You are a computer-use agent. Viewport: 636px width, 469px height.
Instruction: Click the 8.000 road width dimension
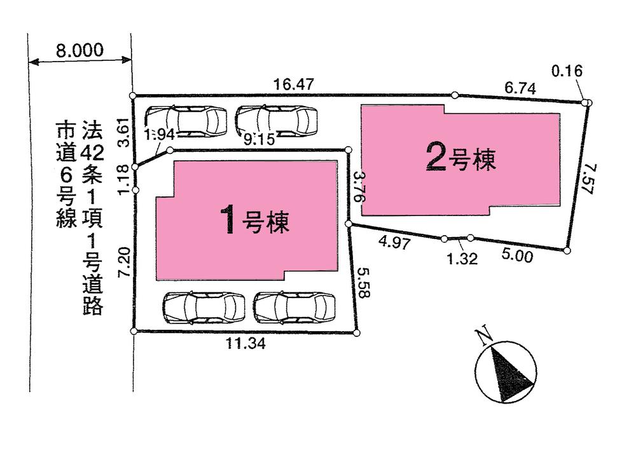click(x=79, y=51)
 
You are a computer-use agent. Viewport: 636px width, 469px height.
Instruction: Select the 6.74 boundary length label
click(x=520, y=90)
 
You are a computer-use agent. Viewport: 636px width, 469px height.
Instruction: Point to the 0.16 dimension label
click(x=567, y=71)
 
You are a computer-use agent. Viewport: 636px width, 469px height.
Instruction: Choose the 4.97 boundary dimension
click(x=391, y=242)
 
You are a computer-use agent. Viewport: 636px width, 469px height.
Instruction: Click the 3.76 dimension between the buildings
click(x=359, y=186)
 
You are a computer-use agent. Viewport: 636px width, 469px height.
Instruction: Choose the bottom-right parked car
click(x=294, y=308)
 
